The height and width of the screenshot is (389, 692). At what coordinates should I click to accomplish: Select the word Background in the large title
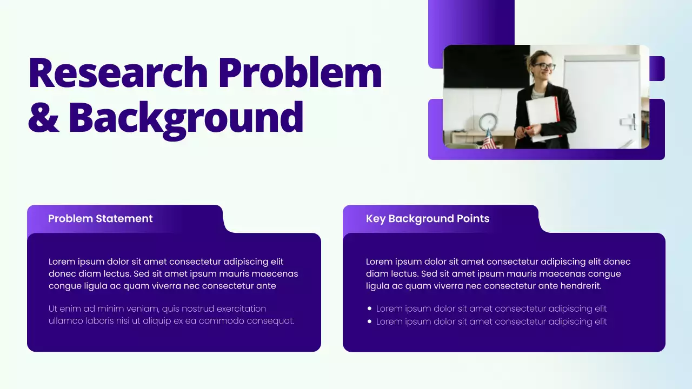pyautogui.click(x=185, y=118)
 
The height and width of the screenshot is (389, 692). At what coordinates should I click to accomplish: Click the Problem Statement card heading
pyautogui.click(x=101, y=219)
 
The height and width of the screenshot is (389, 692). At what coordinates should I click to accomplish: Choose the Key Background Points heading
pyautogui.click(x=428, y=219)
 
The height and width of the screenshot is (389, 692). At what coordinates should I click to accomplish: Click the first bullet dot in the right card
pyautogui.click(x=369, y=308)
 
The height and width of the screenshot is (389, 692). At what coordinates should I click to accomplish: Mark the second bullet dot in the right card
pyautogui.click(x=369, y=321)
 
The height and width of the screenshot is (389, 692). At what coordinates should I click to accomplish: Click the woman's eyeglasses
pyautogui.click(x=544, y=66)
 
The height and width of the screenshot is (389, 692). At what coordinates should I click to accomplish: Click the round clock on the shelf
pyautogui.click(x=488, y=122)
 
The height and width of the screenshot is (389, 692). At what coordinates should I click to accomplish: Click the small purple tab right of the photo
pyautogui.click(x=657, y=69)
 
